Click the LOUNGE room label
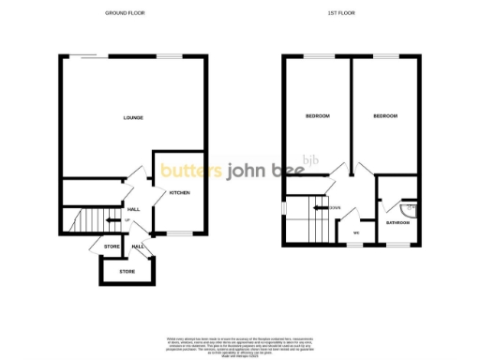(132, 117)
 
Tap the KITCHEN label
(180, 192)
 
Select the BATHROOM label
(399, 222)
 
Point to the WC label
(357, 232)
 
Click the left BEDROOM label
(318, 116)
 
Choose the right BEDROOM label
(385, 116)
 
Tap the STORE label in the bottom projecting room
(127, 272)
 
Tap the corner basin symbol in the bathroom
(410, 208)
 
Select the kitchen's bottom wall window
(178, 232)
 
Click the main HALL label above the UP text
(133, 209)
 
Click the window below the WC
(357, 245)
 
